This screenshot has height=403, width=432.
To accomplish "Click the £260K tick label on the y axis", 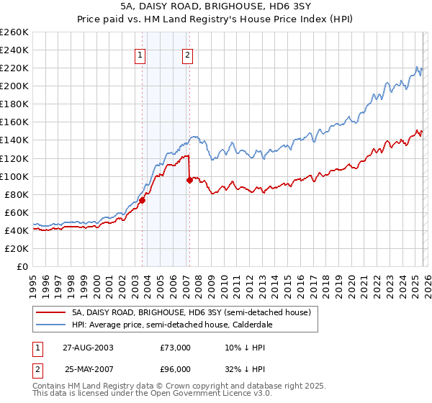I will coord(14,32).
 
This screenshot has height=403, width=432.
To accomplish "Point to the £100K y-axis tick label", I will coord(14,176).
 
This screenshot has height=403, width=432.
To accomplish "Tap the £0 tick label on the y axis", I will coord(22,267).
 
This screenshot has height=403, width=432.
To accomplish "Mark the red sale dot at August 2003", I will coord(143,201).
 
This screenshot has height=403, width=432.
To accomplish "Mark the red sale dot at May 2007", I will coord(189,180).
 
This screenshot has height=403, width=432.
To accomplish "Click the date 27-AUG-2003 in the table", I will coord(89,348).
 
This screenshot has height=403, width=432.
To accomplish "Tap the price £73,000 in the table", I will coord(176,348).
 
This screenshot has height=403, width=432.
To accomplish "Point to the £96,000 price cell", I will coord(176,368).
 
